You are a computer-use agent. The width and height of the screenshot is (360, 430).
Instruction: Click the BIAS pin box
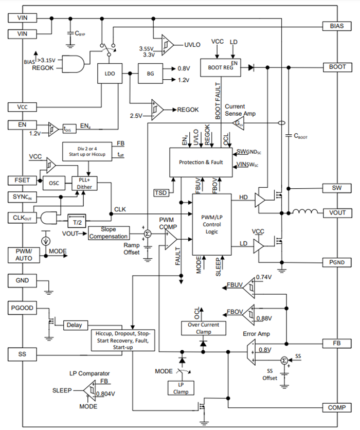tap(337, 25)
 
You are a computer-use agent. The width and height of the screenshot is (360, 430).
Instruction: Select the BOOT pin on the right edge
tap(337, 67)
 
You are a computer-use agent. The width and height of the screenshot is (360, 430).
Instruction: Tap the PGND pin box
tap(337, 262)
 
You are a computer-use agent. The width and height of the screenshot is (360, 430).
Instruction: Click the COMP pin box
tap(337, 407)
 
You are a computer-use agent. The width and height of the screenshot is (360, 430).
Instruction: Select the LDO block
tap(110, 74)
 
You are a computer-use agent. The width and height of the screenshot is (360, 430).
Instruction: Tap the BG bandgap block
tap(150, 74)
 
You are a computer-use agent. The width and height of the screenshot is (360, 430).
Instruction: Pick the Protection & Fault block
tap(201, 163)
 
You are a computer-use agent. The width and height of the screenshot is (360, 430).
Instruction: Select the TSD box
tap(161, 192)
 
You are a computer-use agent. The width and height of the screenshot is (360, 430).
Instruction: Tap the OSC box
tap(54, 183)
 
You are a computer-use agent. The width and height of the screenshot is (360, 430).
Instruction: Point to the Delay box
tap(76, 325)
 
